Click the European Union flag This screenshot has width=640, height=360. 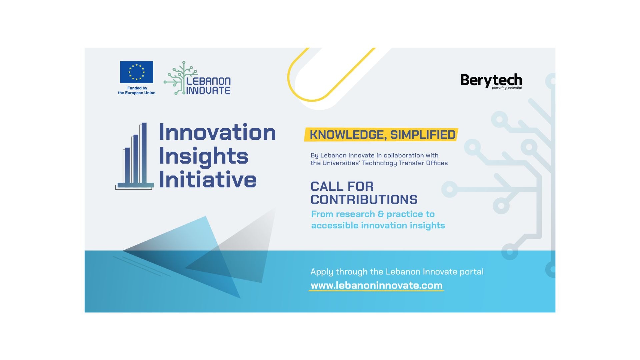[136, 72]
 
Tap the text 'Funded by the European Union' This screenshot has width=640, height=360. [137, 91]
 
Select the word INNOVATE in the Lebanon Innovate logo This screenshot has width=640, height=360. [208, 90]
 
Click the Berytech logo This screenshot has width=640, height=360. [491, 81]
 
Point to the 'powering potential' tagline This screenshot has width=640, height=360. [507, 88]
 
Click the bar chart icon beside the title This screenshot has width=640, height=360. [135, 156]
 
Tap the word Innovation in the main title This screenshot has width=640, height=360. [217, 132]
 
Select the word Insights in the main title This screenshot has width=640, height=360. [204, 157]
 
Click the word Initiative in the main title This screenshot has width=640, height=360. [208, 180]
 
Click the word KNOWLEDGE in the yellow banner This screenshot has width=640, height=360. [348, 135]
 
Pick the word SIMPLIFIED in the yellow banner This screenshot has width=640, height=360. [423, 135]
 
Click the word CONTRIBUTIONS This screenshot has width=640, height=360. [364, 200]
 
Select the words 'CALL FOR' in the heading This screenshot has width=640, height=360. [342, 186]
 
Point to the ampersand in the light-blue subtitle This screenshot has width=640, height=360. [381, 214]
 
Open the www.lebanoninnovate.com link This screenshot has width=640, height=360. [377, 285]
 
